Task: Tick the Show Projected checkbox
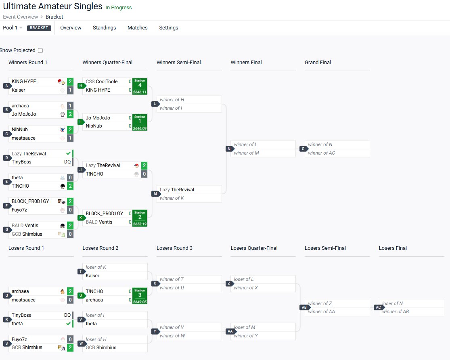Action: [x=40, y=50]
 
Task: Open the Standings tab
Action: [x=104, y=28]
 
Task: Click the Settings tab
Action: [x=168, y=28]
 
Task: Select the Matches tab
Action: [x=137, y=28]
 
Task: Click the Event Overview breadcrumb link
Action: [x=21, y=17]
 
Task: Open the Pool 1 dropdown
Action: [x=13, y=28]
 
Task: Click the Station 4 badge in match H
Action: [x=140, y=86]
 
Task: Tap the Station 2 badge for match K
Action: [x=140, y=218]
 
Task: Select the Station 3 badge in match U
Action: [x=140, y=295]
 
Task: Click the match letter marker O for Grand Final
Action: [x=302, y=149]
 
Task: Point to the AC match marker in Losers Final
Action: [x=378, y=308]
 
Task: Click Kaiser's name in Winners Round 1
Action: [x=19, y=90]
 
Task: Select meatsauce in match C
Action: [x=23, y=138]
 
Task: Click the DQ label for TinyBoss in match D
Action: [x=67, y=162]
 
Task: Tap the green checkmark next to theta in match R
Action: [x=68, y=324]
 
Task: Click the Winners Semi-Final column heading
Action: [x=178, y=63]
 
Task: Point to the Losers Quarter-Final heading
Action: [x=254, y=248]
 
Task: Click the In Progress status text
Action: [x=118, y=8]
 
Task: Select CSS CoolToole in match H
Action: [x=102, y=82]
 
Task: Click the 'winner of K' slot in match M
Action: [x=172, y=198]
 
